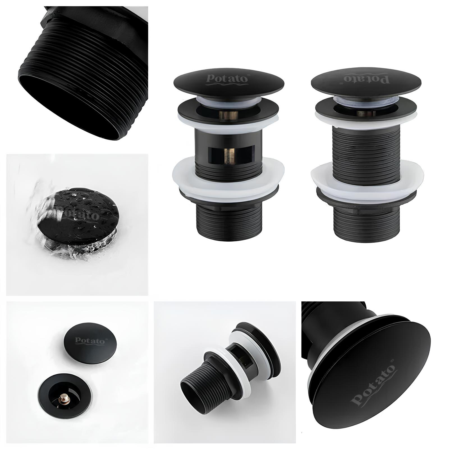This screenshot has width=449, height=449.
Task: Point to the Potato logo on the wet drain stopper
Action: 80,214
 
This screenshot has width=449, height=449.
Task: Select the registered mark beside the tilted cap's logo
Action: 392,359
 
